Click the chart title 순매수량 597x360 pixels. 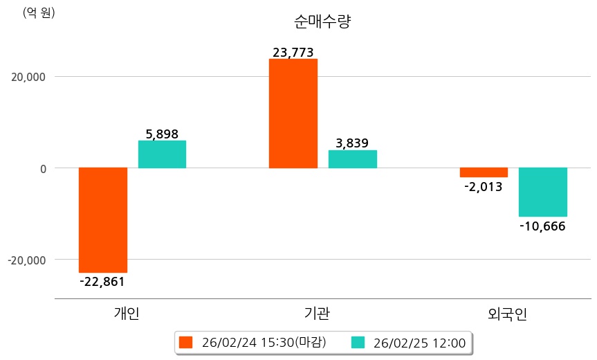[323, 21]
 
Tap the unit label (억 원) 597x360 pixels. [39, 12]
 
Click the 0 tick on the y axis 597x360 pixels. [42, 168]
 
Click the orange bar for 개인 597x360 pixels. [103, 219]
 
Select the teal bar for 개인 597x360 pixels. [162, 154]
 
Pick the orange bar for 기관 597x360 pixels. [293, 114]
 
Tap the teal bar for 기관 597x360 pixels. [352, 159]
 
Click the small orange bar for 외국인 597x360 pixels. [484, 172]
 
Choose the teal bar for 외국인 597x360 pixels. [543, 192]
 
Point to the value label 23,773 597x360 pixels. [293, 52]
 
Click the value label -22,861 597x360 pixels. [102, 281]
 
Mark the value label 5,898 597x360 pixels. [162, 134]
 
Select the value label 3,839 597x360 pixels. [352, 143]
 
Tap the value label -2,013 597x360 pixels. [484, 186]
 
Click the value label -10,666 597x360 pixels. [542, 226]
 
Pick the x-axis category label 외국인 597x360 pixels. [508, 314]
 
